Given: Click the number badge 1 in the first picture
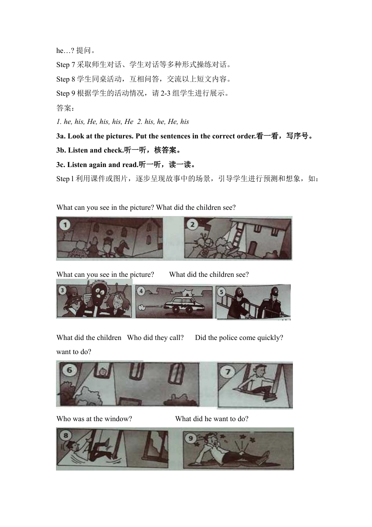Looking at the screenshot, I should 65,225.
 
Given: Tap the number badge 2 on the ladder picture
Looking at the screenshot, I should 192,225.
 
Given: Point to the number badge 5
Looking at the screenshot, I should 222,292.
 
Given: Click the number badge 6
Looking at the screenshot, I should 69,370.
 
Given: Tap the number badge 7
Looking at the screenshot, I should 228,371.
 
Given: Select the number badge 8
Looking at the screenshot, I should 65,435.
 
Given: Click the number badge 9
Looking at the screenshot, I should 191,438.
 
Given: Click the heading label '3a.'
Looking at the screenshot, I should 61,136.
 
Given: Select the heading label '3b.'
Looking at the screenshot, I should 61,150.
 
